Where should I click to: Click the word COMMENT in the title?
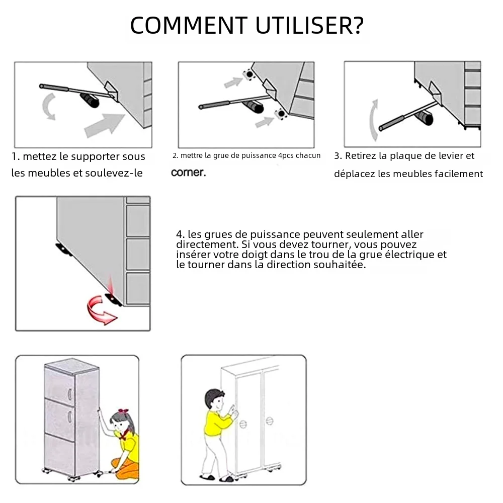(x=189, y=25)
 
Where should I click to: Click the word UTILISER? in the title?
(x=309, y=25)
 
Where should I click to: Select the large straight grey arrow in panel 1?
(x=105, y=125)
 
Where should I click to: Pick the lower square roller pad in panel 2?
(x=281, y=113)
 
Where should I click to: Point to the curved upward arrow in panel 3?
(x=374, y=120)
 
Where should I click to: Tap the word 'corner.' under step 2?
(x=188, y=173)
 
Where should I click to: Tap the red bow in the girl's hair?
(x=123, y=411)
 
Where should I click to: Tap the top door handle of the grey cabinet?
(x=69, y=394)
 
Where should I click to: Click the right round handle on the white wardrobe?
(x=270, y=421)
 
